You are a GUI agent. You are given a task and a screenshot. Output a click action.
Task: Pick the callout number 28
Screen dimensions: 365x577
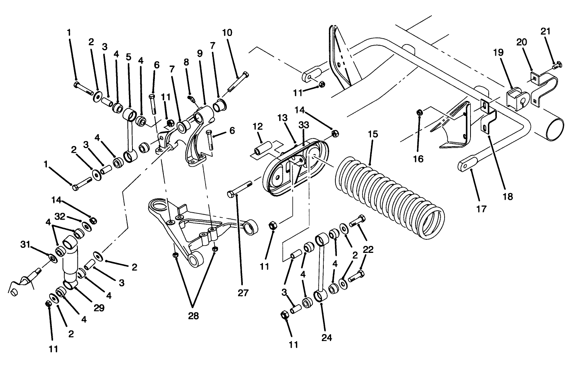(194, 316)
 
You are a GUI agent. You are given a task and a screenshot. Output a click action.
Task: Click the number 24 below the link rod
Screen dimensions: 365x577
(327, 338)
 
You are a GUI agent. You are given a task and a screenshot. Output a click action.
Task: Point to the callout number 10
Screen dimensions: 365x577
(227, 32)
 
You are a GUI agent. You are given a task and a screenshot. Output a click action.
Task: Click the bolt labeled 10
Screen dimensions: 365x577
(239, 82)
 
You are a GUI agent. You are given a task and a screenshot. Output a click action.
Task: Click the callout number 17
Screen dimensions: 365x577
(482, 209)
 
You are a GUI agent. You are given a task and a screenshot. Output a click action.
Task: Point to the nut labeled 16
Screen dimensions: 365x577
(419, 113)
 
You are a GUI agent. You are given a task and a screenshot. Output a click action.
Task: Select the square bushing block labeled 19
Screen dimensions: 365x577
(514, 98)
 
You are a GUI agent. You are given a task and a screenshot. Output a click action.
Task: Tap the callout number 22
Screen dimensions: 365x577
(368, 249)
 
